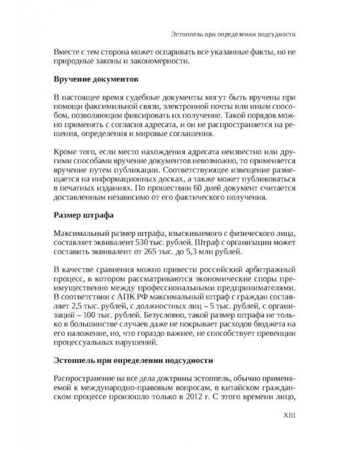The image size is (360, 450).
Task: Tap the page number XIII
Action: (293, 414)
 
